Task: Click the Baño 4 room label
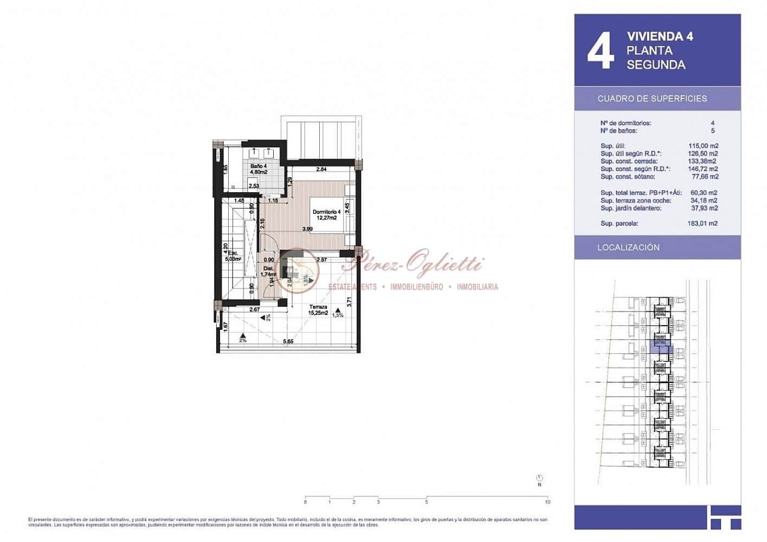258,169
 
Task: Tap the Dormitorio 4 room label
326,215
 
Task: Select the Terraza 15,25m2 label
318,310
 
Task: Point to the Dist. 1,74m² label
268,271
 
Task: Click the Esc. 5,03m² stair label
233,256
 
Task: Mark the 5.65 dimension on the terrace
288,341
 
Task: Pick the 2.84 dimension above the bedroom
321,169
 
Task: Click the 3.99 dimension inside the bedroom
307,229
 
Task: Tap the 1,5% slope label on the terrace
337,315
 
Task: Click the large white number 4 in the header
601,50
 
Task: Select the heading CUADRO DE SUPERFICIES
652,99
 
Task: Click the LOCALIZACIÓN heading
628,247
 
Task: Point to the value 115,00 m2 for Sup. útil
703,146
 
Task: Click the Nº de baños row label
618,131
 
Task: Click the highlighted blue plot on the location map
660,347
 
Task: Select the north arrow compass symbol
539,479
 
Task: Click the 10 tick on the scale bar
547,502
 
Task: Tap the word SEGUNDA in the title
656,65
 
